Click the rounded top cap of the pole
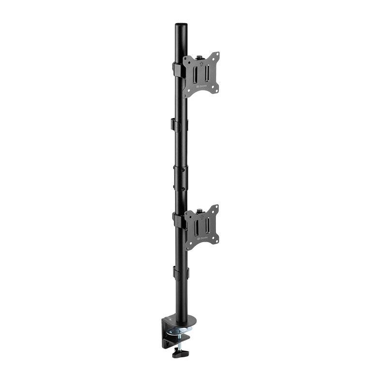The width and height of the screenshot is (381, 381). pos(181,24)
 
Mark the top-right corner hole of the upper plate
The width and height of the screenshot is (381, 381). pos(216,55)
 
